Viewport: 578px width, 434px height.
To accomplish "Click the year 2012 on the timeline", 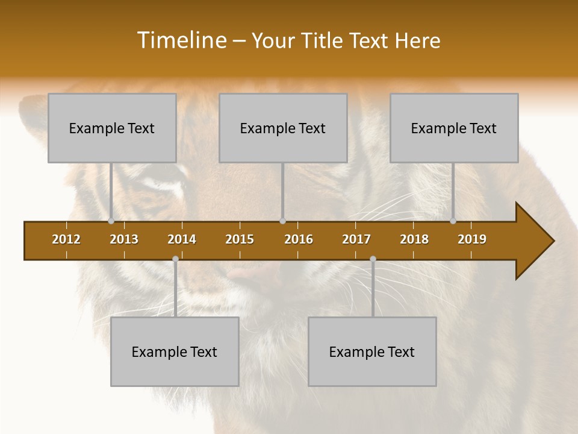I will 66,239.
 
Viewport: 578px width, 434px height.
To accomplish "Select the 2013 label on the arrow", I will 124,239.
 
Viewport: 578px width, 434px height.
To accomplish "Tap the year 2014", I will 182,239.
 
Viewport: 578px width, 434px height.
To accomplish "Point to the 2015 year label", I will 240,239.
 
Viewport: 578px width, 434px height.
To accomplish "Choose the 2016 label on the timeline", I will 299,239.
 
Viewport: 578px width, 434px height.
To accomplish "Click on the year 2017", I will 356,239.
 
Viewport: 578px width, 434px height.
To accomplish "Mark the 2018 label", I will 414,239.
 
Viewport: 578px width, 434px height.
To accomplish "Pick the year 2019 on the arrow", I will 472,239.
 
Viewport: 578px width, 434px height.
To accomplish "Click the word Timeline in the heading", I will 181,40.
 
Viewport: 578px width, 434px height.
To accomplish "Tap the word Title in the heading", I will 325,41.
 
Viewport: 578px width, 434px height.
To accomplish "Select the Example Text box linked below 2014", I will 175,351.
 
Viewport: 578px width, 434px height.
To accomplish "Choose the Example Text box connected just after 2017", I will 372,351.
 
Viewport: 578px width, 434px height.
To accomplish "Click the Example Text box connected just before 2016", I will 283,128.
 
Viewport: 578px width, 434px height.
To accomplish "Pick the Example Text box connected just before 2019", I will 454,128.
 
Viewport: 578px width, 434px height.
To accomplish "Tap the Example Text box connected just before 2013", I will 112,128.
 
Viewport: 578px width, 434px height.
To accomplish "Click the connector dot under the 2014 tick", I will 175,259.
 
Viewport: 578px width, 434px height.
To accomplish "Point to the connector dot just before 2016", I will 283,221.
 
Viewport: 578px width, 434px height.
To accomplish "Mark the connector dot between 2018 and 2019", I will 453,221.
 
